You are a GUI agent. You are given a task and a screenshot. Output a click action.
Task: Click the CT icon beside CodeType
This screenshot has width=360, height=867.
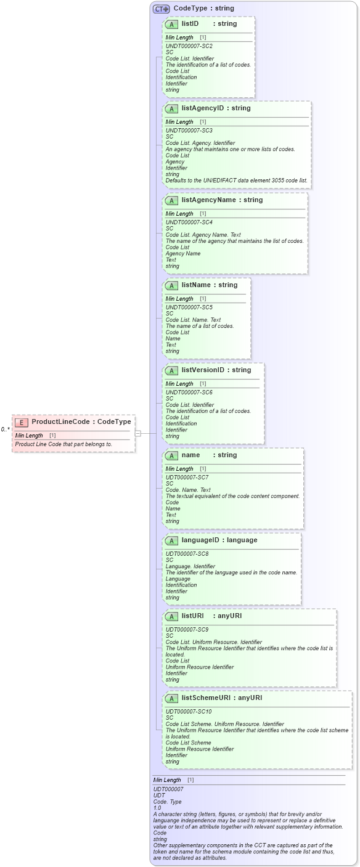(x=162, y=9)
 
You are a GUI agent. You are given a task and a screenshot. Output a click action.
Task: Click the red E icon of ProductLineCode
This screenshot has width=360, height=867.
(x=22, y=422)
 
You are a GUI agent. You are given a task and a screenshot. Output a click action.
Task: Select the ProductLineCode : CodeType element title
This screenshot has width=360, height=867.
(x=81, y=422)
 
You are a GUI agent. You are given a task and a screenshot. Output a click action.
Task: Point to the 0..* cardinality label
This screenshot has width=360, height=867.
(x=5, y=429)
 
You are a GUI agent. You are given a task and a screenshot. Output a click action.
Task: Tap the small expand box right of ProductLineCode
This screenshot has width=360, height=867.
(x=138, y=433)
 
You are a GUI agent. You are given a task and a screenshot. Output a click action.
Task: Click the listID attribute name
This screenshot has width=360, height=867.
(x=190, y=23)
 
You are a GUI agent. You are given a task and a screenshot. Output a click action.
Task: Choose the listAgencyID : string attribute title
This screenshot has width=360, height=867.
(x=216, y=108)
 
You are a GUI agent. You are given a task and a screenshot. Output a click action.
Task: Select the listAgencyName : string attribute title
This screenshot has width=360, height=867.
(x=222, y=200)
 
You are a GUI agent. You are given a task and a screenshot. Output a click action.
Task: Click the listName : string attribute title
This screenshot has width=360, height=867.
(x=209, y=285)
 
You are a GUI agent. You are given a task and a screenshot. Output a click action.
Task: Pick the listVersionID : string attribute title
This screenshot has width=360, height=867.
(x=216, y=370)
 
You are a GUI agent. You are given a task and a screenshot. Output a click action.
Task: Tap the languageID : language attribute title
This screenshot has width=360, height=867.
(x=219, y=540)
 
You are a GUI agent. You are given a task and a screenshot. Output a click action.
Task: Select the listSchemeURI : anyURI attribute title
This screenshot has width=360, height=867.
(x=221, y=698)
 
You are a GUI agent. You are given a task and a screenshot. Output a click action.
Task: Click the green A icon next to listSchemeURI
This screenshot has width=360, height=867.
(x=172, y=699)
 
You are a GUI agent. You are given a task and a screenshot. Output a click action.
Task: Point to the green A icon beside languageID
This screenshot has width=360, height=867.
(x=172, y=541)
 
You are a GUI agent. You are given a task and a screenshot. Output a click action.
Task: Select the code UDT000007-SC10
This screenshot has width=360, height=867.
(x=189, y=712)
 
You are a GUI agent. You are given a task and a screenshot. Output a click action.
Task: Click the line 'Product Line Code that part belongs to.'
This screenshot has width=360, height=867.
(x=63, y=444)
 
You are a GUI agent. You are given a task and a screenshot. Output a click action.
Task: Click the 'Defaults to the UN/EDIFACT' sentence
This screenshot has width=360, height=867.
(x=236, y=181)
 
